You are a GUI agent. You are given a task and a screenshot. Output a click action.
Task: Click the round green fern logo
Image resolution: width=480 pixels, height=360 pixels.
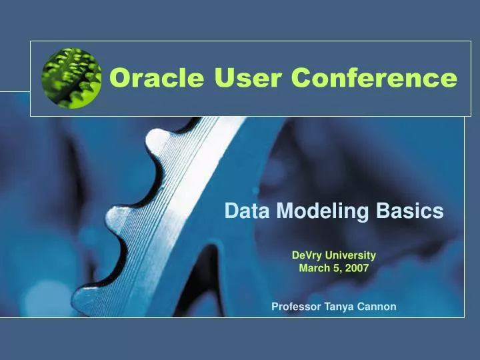click(x=71, y=78)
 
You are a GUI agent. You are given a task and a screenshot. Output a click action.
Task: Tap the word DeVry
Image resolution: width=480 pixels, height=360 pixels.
click(x=307, y=255)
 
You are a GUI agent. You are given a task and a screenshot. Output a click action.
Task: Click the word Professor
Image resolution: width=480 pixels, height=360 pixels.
click(x=296, y=307)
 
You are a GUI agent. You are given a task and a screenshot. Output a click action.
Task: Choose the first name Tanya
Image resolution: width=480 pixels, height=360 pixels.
click(x=339, y=307)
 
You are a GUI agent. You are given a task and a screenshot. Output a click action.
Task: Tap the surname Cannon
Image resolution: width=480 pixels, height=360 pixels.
click(x=377, y=307)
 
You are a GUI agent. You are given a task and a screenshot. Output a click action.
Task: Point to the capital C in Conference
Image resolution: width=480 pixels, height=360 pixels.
click(x=303, y=78)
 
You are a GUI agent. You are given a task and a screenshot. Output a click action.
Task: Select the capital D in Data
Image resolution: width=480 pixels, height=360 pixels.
click(x=230, y=211)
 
